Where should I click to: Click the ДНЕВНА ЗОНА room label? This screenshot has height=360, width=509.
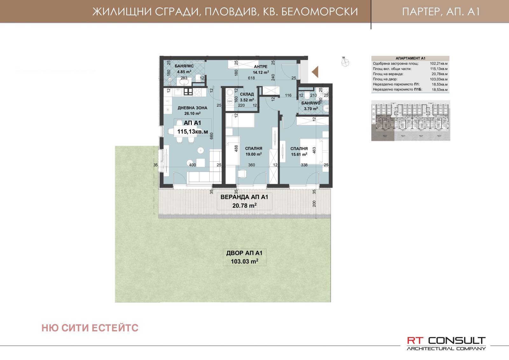[x=192, y=108]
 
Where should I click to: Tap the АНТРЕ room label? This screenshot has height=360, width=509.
[x=261, y=67]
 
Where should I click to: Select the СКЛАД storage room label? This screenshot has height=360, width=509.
[x=247, y=94]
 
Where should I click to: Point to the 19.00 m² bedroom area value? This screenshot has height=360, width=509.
[x=254, y=154]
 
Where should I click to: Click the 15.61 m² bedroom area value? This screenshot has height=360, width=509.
[x=299, y=154]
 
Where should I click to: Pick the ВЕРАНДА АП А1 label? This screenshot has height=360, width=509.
[x=244, y=197]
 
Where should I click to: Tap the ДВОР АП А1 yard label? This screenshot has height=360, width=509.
[x=244, y=253]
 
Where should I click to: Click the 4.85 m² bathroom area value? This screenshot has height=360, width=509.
[x=184, y=72]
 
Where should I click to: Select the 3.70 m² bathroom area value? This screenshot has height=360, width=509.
[x=311, y=109]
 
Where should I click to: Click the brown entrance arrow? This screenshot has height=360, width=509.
[x=315, y=72]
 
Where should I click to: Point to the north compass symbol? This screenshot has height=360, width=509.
[x=345, y=62]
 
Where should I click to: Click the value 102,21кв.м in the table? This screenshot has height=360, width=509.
[x=438, y=64]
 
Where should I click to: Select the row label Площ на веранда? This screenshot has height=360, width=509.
[x=388, y=74]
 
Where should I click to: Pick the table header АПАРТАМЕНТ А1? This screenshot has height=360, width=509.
[x=410, y=58]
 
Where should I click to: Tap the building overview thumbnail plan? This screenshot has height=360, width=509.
[x=411, y=120]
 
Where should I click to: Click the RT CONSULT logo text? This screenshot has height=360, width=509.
[x=446, y=341]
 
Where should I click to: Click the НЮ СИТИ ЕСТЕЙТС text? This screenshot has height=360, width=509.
[x=90, y=328]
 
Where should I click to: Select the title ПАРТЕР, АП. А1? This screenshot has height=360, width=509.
[x=441, y=12]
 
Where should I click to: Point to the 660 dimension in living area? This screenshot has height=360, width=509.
[x=212, y=136]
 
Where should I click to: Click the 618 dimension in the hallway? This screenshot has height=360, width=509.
[x=251, y=78]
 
